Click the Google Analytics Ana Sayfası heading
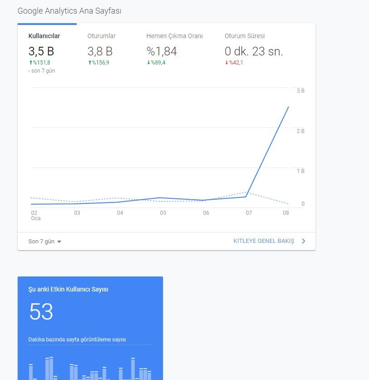click(69, 11)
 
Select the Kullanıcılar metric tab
click(44, 36)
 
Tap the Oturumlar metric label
click(102, 36)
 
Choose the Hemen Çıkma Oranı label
click(174, 36)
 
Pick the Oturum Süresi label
click(245, 36)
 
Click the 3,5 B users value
click(41, 51)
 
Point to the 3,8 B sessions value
click(100, 51)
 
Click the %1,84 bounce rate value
click(162, 51)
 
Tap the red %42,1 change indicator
click(234, 63)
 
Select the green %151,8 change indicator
click(39, 63)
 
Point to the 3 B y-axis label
click(300, 91)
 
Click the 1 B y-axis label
click(300, 171)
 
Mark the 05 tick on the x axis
click(163, 213)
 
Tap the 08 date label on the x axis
click(286, 213)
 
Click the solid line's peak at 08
click(288, 107)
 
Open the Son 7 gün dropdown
click(45, 242)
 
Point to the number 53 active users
click(41, 311)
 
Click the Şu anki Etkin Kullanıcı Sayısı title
click(69, 289)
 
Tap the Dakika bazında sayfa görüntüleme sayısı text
click(77, 339)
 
